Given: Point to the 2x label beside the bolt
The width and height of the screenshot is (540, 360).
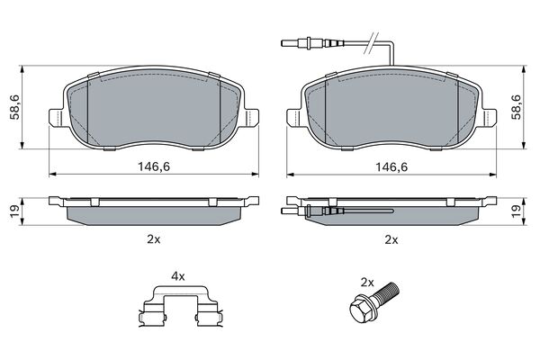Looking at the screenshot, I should (366, 282).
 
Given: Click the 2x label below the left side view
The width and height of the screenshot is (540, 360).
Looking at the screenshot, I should (152, 239).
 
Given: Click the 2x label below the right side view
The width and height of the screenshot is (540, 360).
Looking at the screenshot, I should (391, 239).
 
